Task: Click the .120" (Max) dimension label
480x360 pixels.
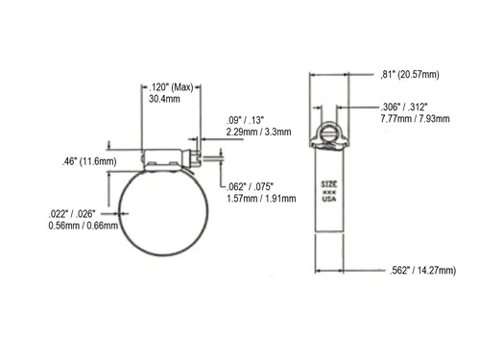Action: pos(171,87)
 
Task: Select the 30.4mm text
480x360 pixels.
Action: pos(164,99)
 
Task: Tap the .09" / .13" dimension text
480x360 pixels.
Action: pos(246,120)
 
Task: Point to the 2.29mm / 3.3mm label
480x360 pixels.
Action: pos(259,132)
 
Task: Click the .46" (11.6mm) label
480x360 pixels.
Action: pos(89,161)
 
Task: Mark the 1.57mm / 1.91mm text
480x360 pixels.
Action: pos(261,199)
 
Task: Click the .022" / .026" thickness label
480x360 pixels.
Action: pos(72,214)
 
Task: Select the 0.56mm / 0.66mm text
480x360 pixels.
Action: pos(84,226)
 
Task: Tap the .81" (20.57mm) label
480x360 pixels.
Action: pos(410,75)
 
